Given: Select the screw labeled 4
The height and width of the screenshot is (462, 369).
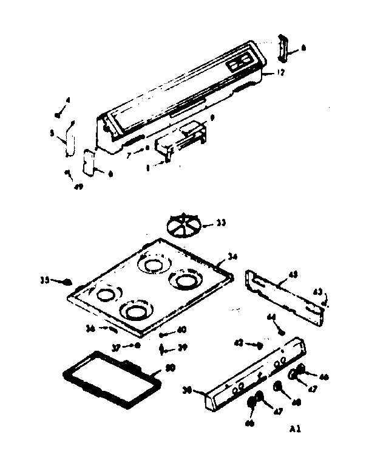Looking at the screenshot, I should click(x=57, y=114).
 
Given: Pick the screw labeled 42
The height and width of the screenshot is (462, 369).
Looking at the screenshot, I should click(x=259, y=344).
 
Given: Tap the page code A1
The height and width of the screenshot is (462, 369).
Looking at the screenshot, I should click(x=294, y=429).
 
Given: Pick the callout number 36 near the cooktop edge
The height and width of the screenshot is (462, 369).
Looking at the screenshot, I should click(x=91, y=328).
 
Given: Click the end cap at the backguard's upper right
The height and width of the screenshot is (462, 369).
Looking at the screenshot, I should click(x=283, y=47).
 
